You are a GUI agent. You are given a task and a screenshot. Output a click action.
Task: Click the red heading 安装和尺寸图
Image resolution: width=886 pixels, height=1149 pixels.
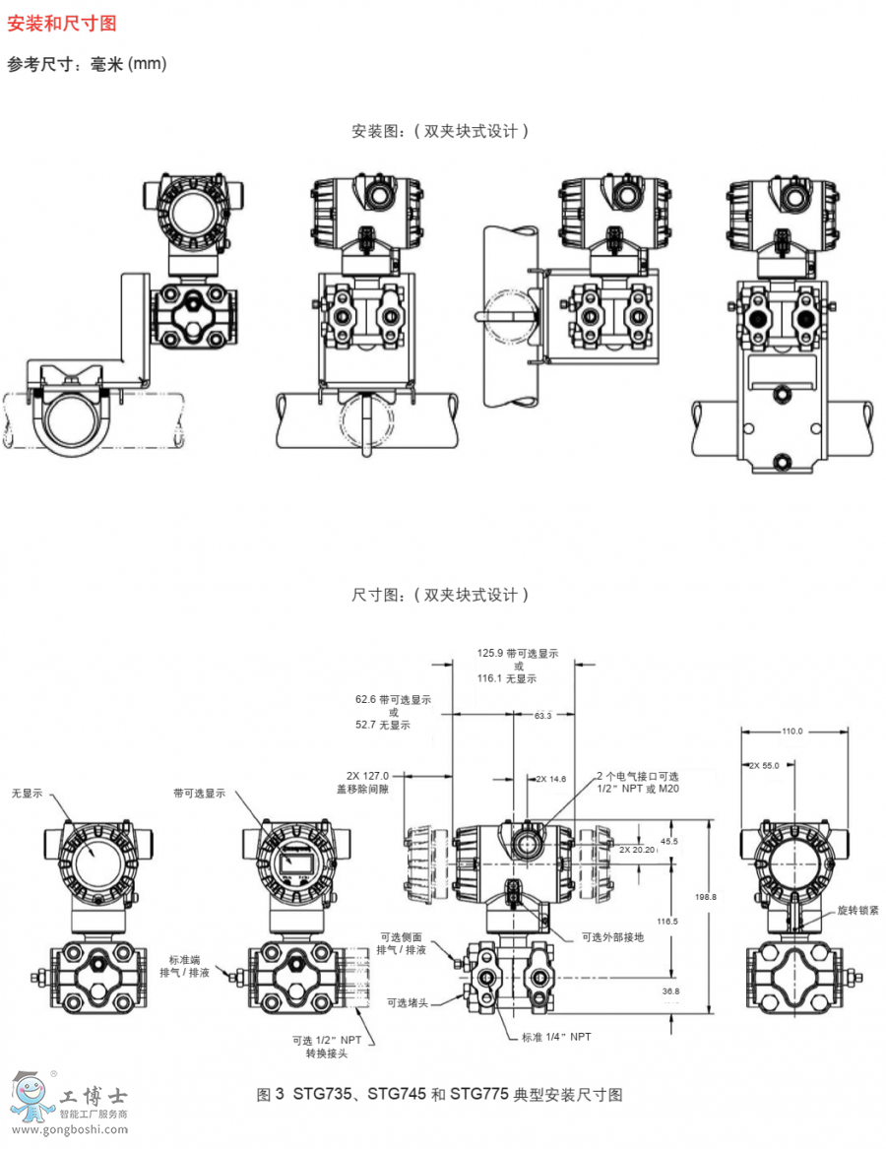62,24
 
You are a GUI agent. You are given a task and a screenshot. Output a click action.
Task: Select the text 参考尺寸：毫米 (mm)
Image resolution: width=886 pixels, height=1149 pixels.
87,64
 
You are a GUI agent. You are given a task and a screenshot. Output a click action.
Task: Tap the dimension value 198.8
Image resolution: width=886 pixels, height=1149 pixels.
705,896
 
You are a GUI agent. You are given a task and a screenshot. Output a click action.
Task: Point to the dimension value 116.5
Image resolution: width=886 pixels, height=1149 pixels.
668,922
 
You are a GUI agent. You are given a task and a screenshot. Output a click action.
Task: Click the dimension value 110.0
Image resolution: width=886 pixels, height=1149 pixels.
792,732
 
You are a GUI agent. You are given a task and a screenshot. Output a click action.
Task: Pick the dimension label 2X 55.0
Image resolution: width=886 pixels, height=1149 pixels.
764,765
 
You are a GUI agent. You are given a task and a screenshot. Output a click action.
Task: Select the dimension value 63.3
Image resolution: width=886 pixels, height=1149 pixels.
542,715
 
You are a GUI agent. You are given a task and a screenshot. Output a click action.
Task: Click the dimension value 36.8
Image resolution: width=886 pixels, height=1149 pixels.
670,991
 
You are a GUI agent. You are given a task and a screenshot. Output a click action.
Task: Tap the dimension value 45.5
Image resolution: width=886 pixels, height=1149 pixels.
669,842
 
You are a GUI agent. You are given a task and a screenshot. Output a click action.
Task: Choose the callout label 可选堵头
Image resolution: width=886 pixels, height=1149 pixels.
409,1002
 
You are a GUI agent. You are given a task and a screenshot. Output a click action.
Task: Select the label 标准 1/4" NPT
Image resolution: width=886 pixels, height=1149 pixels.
556,1038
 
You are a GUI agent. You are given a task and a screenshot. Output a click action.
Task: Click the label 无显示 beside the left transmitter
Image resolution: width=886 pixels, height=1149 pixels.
27,793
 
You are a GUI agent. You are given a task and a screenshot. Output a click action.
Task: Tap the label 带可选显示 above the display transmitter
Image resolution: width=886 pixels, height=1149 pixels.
199,793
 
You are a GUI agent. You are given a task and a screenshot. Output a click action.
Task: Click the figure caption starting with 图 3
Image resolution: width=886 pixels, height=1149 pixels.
439,1094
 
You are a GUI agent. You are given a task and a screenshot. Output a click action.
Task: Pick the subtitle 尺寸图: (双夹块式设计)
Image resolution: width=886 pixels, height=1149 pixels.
441,595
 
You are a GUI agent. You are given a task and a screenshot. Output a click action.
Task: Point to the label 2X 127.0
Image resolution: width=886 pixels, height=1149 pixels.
369,775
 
